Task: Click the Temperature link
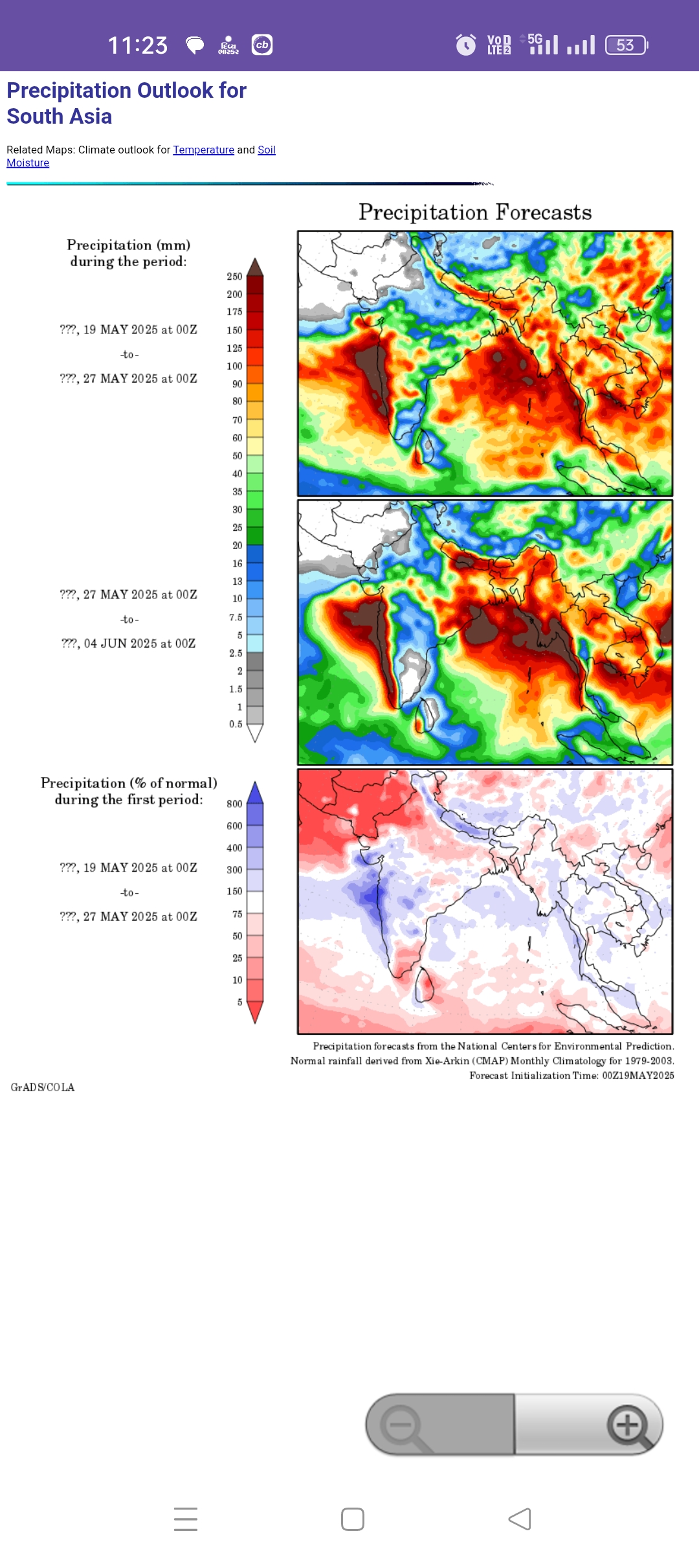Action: point(203,150)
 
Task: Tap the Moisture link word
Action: point(28,163)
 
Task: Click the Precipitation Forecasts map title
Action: point(475,212)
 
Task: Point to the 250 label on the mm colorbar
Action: point(234,277)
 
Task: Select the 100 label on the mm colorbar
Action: point(234,367)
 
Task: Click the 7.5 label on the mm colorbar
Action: point(236,618)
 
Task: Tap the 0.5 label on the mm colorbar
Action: point(236,725)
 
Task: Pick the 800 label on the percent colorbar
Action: point(234,804)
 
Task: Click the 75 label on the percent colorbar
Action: point(237,914)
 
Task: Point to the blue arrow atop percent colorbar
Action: point(255,792)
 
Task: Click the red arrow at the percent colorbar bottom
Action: point(255,1012)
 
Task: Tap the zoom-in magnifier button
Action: point(627,1425)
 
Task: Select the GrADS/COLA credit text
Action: point(43,1087)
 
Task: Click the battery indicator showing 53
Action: point(626,45)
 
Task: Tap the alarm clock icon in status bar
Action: point(465,45)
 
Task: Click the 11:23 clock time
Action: point(138,45)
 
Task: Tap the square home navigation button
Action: point(353,1519)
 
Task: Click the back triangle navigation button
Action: point(520,1519)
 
